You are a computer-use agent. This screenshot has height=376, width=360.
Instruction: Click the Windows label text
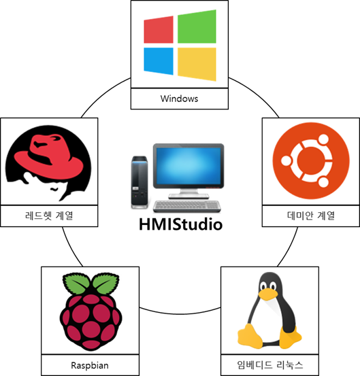point(179,99)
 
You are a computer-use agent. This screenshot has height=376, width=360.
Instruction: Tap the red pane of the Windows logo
point(159,30)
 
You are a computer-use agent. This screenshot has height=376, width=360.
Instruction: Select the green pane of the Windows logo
point(197,27)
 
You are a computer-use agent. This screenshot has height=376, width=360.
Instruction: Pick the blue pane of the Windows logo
point(159,61)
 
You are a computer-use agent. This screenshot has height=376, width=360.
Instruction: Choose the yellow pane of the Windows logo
point(197,64)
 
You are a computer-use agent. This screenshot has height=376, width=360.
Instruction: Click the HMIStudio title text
point(181,224)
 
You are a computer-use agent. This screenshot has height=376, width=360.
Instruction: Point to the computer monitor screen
point(188,165)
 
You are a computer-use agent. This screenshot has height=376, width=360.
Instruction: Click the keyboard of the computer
point(187,206)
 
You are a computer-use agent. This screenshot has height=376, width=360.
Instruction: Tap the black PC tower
point(140,182)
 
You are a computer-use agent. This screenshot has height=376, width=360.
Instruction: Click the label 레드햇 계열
point(49,216)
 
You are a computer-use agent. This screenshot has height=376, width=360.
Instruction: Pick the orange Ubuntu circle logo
point(311,160)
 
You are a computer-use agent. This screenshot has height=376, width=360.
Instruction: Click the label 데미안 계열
point(311,216)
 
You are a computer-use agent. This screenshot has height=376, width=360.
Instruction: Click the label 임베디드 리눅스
point(270,365)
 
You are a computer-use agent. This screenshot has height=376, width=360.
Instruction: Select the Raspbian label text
point(90,365)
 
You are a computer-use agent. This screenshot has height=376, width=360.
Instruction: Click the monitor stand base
point(189,196)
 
